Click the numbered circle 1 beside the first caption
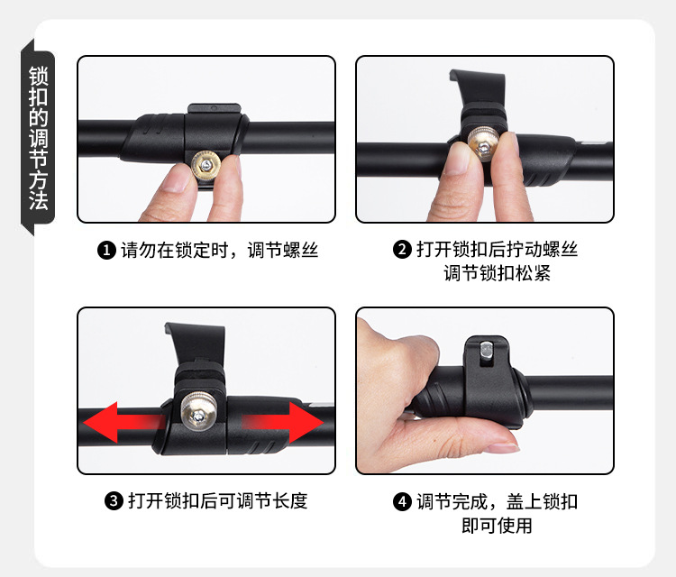[x=106, y=250]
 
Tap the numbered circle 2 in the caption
[x=402, y=250]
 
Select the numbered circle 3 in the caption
[x=114, y=500]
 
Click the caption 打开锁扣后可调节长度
[x=217, y=500]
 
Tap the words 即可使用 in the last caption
[x=497, y=525]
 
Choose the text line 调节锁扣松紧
[x=497, y=273]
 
